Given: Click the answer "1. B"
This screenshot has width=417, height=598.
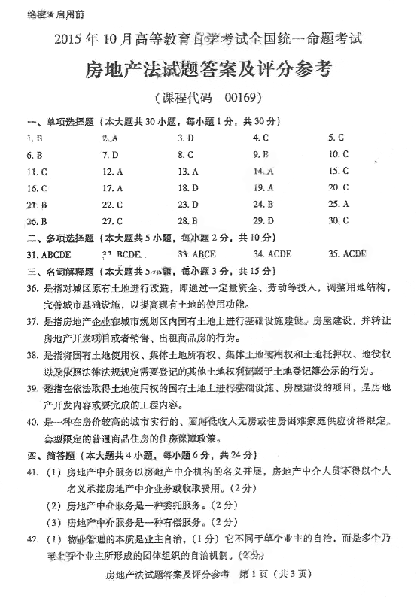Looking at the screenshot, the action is tap(34, 138).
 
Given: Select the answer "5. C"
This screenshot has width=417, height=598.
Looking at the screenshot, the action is tap(336, 138).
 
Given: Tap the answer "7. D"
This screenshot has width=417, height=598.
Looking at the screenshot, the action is tap(111, 155).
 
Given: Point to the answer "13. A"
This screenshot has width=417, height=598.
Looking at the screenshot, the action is tap(188, 172).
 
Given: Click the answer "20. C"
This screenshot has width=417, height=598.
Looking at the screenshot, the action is tap(339, 188).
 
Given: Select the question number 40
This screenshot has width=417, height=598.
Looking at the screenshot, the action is tap(32, 422).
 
